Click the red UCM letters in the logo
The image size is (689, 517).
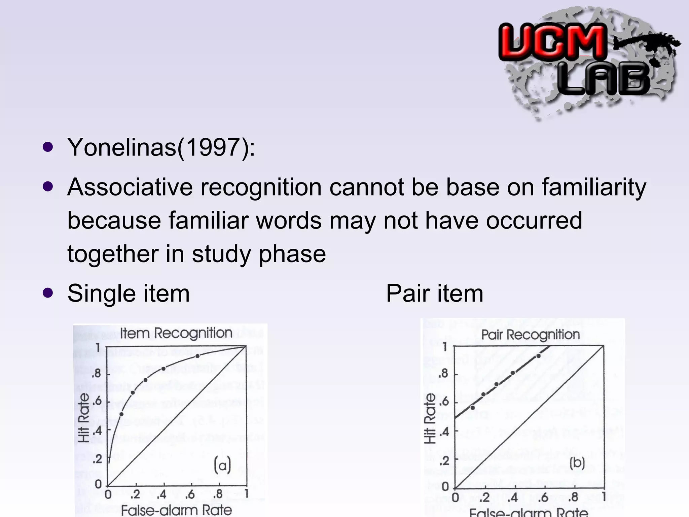(x=552, y=42)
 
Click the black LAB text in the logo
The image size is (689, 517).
(x=604, y=79)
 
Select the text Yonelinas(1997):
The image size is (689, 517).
(x=161, y=147)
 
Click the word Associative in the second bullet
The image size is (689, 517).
(x=130, y=187)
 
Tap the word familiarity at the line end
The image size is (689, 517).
(x=594, y=187)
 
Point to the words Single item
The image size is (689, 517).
(x=129, y=294)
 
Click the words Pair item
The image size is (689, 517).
(x=434, y=294)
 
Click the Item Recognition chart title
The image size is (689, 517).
(x=176, y=333)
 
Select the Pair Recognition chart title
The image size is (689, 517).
(x=531, y=335)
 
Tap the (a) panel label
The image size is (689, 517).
(x=222, y=465)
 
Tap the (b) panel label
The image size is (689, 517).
(x=577, y=463)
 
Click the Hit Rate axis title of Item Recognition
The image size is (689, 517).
(x=84, y=417)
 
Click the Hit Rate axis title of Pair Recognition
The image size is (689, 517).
(x=430, y=418)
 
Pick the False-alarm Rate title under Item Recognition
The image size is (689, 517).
(x=176, y=510)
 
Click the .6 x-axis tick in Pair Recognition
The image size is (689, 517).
(x=543, y=497)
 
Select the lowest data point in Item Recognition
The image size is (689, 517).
(x=121, y=414)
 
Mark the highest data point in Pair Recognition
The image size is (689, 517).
(x=538, y=356)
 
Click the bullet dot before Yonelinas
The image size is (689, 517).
(x=48, y=147)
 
